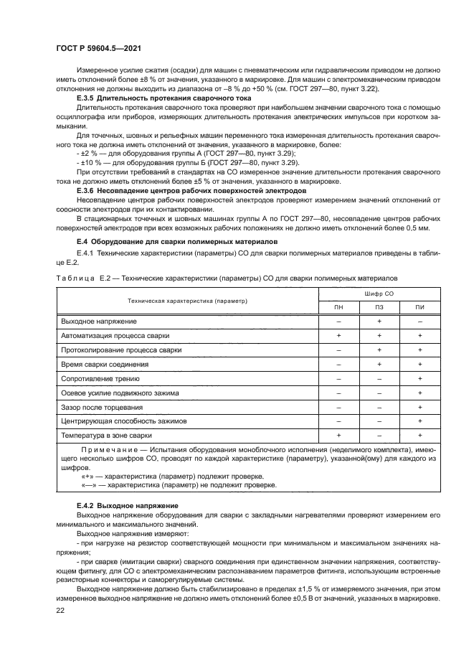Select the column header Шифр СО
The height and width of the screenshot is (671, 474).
379,294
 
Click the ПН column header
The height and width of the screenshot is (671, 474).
338,308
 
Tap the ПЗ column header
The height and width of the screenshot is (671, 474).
379,308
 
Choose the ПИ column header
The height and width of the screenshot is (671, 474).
420,308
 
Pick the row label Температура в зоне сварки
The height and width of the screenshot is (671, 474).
106,436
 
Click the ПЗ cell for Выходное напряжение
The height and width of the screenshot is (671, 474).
379,322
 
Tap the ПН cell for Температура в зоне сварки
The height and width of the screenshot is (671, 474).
338,436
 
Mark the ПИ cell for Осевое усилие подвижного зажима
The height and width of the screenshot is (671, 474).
420,393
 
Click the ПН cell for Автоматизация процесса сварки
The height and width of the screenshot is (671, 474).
338,336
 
